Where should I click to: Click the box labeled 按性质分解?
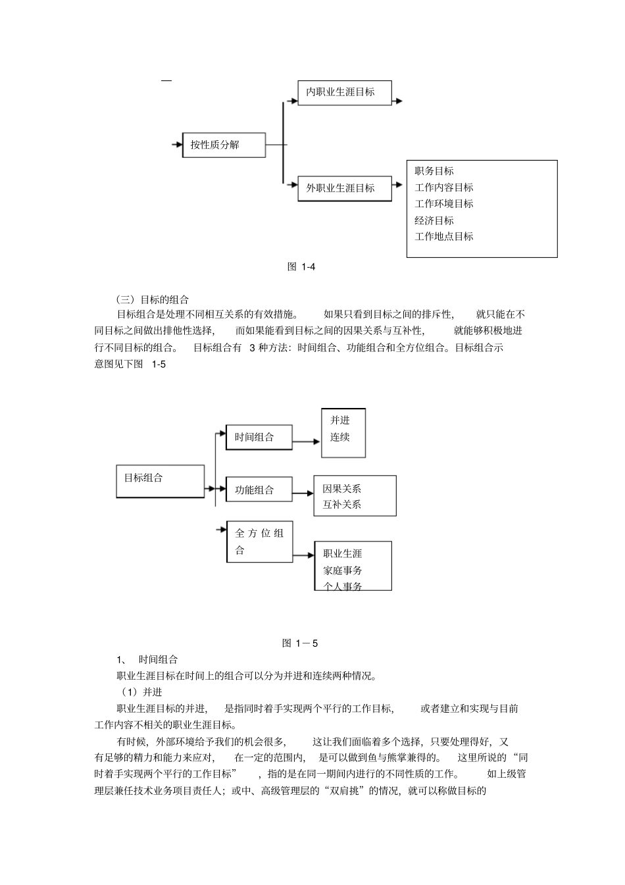224,145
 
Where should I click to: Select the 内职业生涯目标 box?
345,92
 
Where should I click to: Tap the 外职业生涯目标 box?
344,188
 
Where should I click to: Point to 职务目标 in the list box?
434,171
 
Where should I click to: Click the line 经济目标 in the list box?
434,220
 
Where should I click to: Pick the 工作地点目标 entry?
443,236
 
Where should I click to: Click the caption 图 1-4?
302,266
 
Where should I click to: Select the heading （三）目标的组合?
152,299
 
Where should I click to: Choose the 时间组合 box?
259,437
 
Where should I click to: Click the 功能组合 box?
259,490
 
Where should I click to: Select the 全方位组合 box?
259,542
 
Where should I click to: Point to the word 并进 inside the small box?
340,420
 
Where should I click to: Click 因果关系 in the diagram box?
341,489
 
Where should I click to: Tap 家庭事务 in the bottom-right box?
342,570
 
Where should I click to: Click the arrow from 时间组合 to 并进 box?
307,442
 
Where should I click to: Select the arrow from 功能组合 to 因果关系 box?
303,493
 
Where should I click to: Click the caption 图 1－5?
299,643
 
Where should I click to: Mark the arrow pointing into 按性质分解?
176,145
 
